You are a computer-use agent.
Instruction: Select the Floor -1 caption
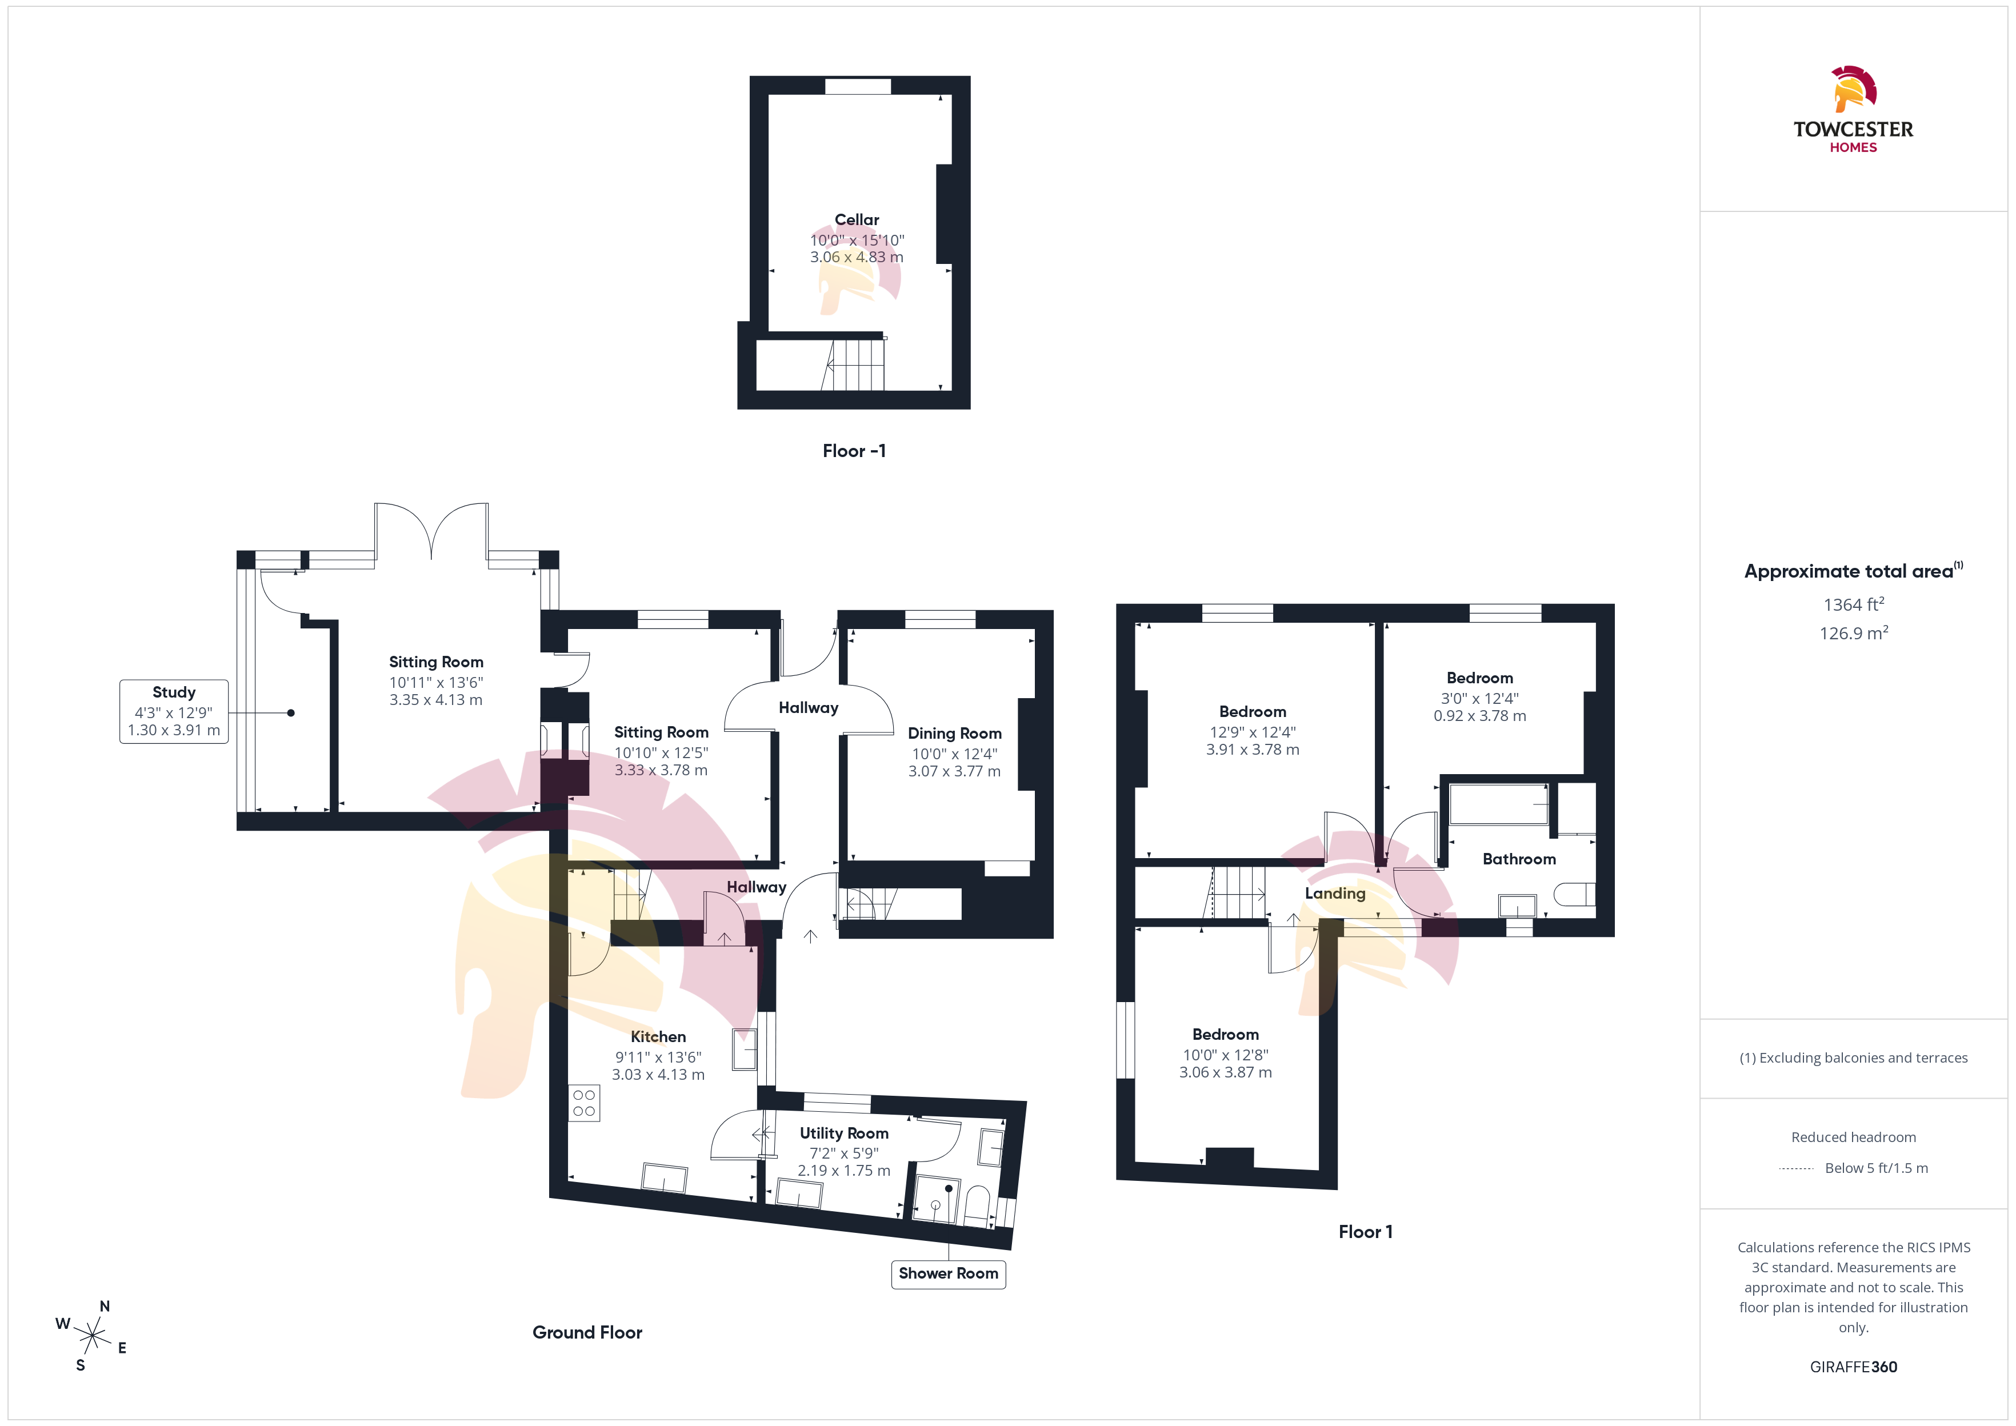[854, 450]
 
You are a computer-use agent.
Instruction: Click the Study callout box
[174, 711]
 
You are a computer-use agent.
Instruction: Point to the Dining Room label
[954, 733]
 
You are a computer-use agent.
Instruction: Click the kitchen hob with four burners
[584, 1103]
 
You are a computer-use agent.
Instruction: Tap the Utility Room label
[844, 1133]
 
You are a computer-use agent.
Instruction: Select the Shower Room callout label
[949, 1273]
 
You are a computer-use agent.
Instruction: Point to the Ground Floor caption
[587, 1332]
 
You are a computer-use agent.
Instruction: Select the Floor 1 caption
[1365, 1232]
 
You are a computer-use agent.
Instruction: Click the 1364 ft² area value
[1854, 604]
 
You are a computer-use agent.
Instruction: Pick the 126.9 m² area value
[1854, 632]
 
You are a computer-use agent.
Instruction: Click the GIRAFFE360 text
[1854, 1367]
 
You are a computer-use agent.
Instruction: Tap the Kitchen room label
[658, 1037]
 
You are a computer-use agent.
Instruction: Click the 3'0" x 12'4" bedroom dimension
[1479, 698]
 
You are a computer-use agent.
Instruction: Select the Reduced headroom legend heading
[1854, 1137]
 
